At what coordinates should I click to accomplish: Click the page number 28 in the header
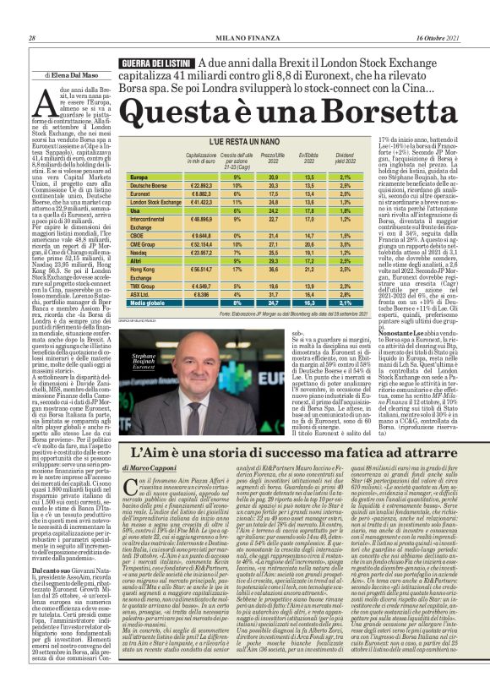click(x=31, y=38)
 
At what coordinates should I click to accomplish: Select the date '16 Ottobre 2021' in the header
click(x=438, y=38)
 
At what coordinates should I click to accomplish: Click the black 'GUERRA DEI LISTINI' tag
click(x=156, y=63)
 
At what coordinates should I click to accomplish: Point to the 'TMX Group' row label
click(x=144, y=286)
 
